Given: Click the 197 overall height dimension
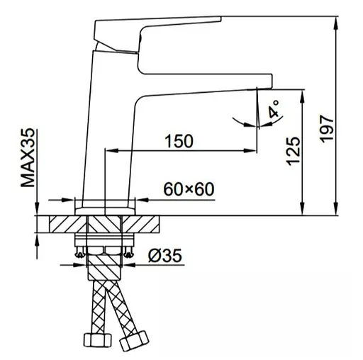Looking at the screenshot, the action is click(x=326, y=129).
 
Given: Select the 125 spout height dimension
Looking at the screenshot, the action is click(x=293, y=151).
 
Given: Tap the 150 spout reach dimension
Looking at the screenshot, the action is click(x=179, y=141).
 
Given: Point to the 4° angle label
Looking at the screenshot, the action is click(x=274, y=108).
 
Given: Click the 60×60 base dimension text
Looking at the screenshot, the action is click(x=189, y=189).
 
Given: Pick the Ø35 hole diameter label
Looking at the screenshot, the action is click(x=165, y=255).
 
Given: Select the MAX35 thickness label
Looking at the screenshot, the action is click(x=28, y=157).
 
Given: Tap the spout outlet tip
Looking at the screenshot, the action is click(x=264, y=89).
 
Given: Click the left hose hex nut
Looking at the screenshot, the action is click(x=97, y=340).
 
